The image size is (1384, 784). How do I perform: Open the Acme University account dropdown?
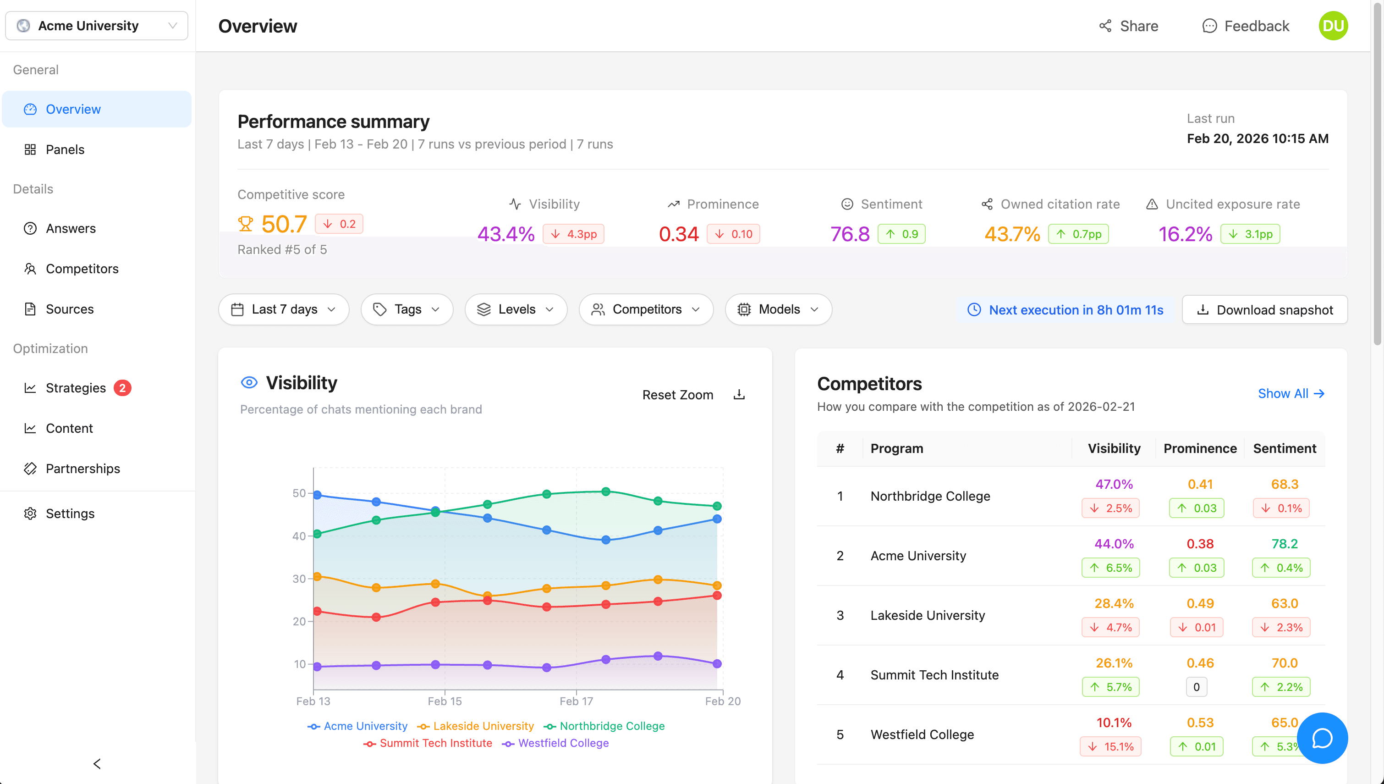(x=97, y=25)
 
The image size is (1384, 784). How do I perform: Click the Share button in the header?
(x=1128, y=26)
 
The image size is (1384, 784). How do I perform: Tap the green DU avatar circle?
(x=1332, y=26)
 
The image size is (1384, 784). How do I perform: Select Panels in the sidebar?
(x=65, y=149)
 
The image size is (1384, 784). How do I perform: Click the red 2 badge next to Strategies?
(x=122, y=388)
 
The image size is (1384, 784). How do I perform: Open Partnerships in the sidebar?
(x=82, y=469)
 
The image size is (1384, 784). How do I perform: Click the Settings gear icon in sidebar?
(x=30, y=513)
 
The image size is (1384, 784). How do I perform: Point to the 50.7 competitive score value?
(x=284, y=224)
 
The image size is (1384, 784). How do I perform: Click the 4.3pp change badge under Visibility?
(x=574, y=234)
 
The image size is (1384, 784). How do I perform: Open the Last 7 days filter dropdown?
(x=284, y=309)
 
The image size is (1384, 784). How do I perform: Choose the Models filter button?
(x=778, y=309)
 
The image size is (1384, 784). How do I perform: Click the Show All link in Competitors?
(x=1291, y=394)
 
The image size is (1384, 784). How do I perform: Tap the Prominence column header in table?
(x=1199, y=448)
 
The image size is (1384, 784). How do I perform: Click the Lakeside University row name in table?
(x=927, y=615)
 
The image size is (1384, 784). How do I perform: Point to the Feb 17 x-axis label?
(x=576, y=701)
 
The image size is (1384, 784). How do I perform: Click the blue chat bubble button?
(x=1322, y=738)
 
